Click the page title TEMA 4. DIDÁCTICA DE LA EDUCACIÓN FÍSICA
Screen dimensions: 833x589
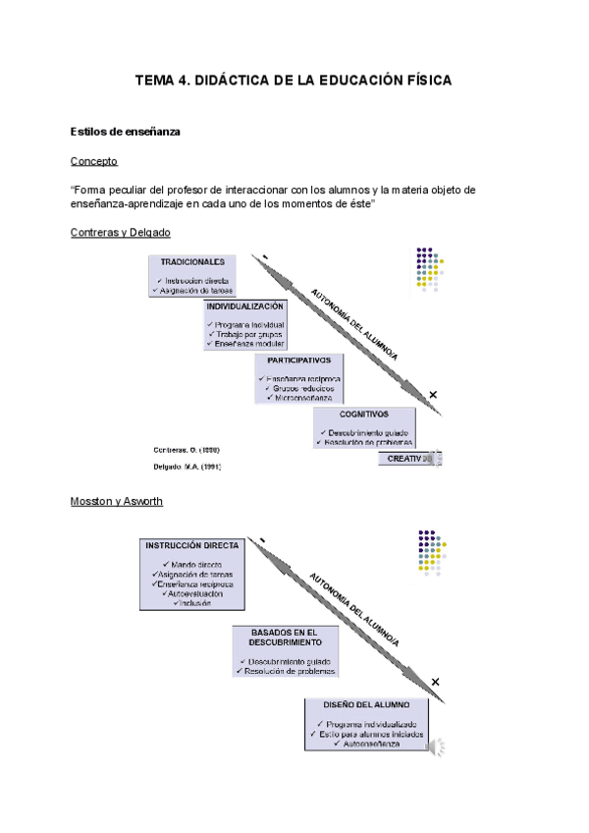point(294,81)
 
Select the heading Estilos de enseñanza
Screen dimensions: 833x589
point(125,131)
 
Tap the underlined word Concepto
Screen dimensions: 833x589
point(94,160)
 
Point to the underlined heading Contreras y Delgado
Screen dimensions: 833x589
point(121,233)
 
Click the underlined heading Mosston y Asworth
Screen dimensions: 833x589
point(117,501)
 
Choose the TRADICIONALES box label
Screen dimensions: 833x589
point(192,262)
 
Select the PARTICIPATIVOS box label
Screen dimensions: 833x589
point(298,361)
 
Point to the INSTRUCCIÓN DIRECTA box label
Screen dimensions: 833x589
point(192,544)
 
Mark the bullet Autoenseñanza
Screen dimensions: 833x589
point(370,744)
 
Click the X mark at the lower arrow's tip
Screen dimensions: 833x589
point(435,682)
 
